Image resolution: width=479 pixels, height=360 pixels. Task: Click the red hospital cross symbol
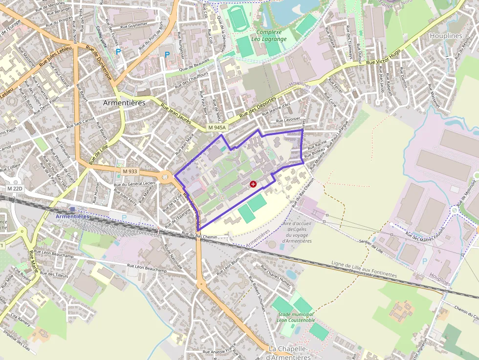click(253, 184)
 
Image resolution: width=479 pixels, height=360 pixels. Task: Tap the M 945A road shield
click(217, 127)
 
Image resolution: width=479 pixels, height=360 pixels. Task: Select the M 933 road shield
click(130, 171)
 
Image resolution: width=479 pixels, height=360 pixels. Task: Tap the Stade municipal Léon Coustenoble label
click(296, 317)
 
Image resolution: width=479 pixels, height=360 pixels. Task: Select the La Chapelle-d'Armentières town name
click(289, 353)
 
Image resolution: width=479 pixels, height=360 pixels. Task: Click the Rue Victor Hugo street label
click(384, 57)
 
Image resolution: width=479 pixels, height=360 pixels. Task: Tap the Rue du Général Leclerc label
click(134, 184)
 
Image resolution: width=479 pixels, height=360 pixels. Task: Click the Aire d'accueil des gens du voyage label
click(297, 232)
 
